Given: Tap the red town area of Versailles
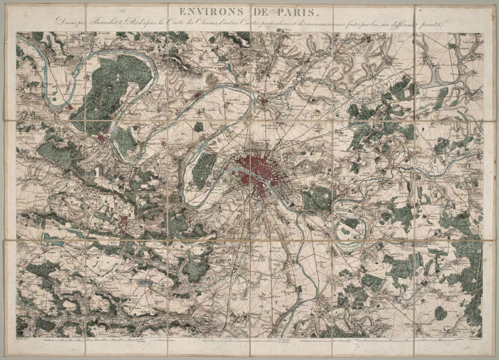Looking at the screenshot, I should [x=124, y=224].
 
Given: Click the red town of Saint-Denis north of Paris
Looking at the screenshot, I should [x=263, y=101].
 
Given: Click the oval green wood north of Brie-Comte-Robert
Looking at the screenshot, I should [x=441, y=313].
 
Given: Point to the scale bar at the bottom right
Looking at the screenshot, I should [x=444, y=340].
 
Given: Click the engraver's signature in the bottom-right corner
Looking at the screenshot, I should [x=472, y=340].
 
